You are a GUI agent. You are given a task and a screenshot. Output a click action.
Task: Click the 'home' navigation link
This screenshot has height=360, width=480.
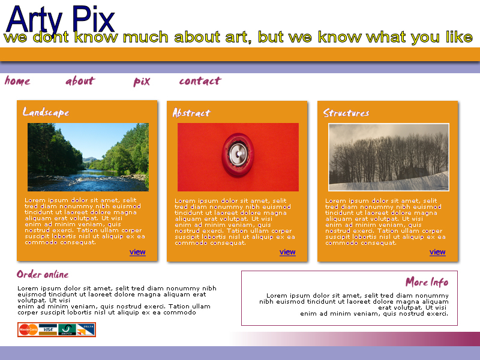coord(17,81)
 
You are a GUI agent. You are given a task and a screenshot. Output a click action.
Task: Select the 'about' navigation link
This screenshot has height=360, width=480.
coord(80,81)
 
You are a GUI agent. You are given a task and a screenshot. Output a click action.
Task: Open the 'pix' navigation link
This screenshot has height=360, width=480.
coord(142,82)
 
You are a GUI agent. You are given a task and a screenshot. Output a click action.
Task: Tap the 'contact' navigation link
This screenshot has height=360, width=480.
coord(200,81)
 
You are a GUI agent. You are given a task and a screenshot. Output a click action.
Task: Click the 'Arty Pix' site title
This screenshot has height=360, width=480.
coord(61,20)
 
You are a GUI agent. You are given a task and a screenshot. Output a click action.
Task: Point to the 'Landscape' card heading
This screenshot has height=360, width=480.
coord(46,112)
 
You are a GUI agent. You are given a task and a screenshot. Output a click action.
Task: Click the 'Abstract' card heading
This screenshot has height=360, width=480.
coord(191,113)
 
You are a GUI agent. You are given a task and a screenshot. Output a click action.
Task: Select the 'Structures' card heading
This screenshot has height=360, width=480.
coord(346,113)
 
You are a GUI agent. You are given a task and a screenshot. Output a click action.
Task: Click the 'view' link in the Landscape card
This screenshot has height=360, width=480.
coord(137,252)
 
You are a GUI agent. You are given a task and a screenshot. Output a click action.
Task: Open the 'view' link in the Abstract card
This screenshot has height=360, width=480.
coord(287,252)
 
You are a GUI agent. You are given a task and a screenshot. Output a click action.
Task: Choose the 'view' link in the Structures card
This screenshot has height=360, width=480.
coord(437,252)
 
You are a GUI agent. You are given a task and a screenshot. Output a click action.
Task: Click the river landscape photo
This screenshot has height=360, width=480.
coord(88,157)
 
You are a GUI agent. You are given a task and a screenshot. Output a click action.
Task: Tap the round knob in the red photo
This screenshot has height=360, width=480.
coord(238,155)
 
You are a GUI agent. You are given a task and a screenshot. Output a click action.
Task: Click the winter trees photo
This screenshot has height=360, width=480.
coord(389,157)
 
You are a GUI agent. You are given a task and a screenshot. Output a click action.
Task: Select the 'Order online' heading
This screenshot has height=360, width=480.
coord(43,274)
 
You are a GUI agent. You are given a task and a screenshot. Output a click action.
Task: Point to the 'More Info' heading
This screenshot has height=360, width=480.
coord(427,282)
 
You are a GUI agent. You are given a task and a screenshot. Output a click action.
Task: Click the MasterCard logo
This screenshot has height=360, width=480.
coord(28,329)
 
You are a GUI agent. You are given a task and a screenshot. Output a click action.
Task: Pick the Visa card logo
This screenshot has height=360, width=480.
coord(48,329)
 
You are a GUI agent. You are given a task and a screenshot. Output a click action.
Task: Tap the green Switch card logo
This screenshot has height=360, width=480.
coord(67,329)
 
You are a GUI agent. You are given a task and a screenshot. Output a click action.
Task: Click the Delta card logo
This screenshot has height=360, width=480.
coord(86,329)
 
